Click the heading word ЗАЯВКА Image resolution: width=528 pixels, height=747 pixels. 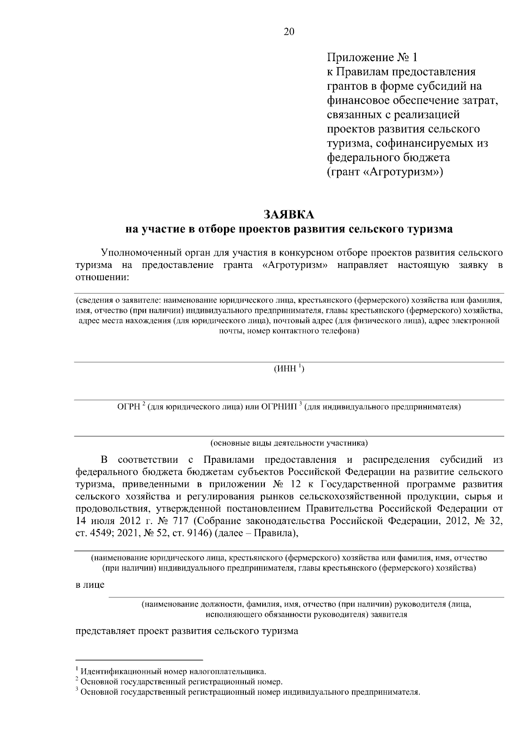coord(289,215)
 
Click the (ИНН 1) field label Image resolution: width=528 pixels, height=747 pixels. coord(289,369)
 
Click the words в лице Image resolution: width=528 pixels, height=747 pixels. coord(90,585)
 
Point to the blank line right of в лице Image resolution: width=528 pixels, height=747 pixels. coord(306,597)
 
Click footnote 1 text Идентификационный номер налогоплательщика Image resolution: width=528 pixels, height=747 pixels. coord(173,672)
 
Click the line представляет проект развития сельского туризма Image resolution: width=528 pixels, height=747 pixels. coord(187,631)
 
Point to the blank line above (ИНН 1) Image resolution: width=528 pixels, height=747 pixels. coord(289,362)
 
